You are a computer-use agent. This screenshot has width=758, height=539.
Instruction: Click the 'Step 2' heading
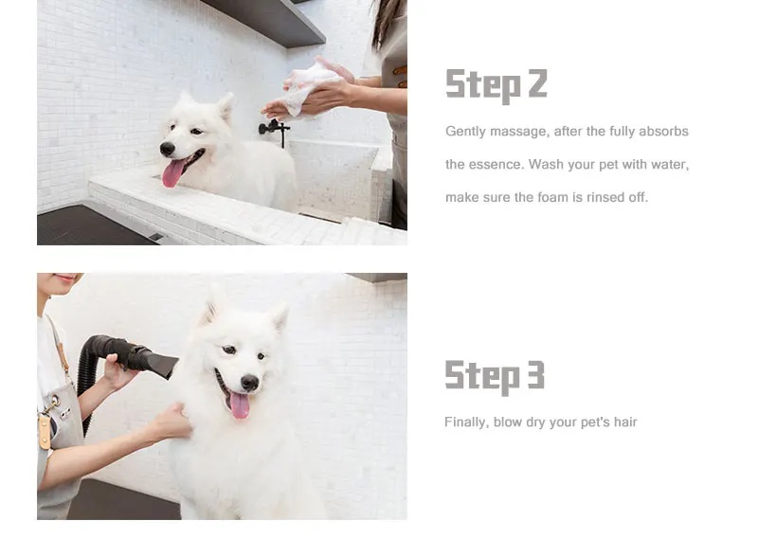[x=496, y=85]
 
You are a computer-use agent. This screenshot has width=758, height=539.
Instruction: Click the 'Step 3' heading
[x=495, y=377]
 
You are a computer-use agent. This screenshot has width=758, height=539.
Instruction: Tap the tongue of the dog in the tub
[x=173, y=173]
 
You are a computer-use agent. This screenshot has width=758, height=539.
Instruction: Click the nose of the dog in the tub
[x=168, y=149]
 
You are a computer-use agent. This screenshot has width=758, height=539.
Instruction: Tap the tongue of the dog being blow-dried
[x=240, y=405]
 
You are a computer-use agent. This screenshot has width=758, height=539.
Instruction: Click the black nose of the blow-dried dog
[x=249, y=383]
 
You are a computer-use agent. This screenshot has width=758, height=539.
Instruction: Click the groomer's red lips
[x=65, y=278]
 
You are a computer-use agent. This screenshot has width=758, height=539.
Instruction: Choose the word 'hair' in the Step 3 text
[x=625, y=422]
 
